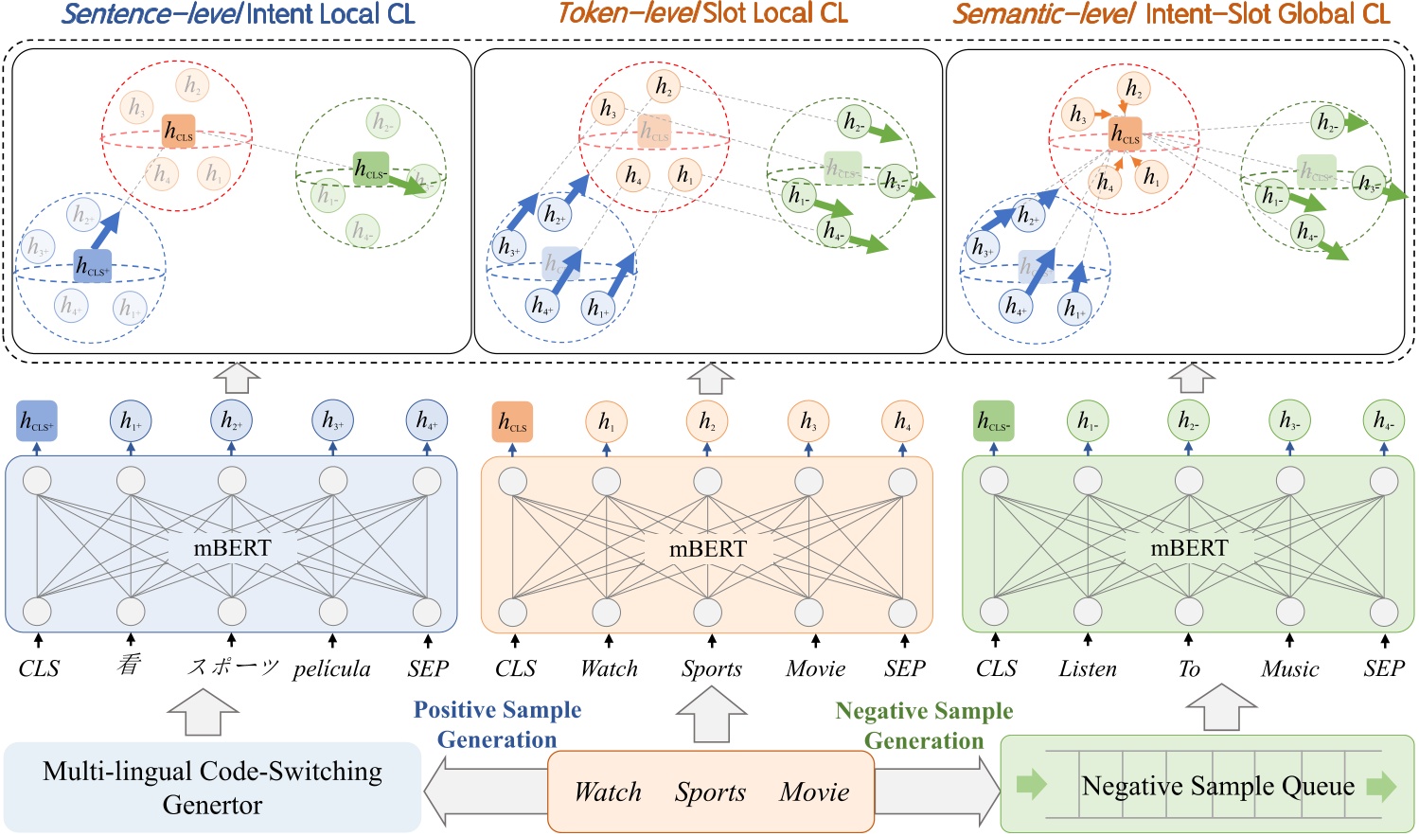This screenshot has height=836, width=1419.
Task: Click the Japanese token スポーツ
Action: [232, 667]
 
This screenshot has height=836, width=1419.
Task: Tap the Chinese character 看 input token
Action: [130, 666]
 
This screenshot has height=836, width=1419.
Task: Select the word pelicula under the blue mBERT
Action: [331, 668]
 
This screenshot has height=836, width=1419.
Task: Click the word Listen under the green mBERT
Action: [1088, 668]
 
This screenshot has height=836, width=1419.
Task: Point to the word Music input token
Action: [1289, 668]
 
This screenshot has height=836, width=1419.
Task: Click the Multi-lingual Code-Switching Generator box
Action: [212, 788]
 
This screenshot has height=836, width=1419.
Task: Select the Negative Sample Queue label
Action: [1217, 786]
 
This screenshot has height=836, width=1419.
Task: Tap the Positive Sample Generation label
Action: [497, 724]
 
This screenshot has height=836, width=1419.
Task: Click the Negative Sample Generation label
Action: [924, 725]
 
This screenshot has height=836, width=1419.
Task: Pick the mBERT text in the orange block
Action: [707, 549]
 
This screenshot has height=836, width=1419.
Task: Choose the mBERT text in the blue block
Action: [232, 548]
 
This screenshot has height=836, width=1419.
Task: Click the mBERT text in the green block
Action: [1189, 548]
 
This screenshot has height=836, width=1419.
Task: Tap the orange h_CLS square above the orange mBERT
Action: [513, 421]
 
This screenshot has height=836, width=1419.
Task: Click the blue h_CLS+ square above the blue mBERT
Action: [37, 421]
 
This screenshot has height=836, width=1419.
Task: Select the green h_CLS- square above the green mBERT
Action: [994, 421]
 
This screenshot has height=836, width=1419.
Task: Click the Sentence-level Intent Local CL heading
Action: [238, 14]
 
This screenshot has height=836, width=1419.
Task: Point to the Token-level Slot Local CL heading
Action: [702, 13]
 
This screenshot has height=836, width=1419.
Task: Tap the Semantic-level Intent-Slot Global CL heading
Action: [1171, 14]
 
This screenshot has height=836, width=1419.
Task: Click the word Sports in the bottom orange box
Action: [710, 792]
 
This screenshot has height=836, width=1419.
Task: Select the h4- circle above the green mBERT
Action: [1384, 421]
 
